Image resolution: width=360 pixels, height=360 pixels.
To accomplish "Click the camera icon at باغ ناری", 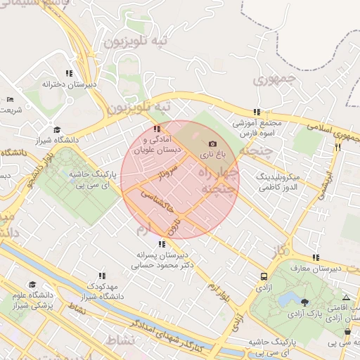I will [213, 143].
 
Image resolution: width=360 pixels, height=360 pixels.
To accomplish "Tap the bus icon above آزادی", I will [263, 276].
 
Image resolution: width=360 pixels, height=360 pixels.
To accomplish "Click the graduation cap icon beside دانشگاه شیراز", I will [57, 129].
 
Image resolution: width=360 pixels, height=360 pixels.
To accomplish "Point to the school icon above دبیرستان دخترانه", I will [69, 73].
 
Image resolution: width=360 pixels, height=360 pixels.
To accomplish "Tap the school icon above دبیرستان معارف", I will [316, 257].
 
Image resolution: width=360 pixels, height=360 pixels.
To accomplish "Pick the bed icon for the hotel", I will [9, 99].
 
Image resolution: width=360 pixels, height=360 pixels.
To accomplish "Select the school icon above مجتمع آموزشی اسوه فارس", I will [257, 111].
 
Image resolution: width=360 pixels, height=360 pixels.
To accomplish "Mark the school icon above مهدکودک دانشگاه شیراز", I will [102, 276].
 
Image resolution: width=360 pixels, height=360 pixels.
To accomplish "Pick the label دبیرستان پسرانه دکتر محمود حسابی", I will [162, 261].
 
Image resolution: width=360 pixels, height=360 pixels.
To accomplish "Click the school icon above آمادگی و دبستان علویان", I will [156, 129].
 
